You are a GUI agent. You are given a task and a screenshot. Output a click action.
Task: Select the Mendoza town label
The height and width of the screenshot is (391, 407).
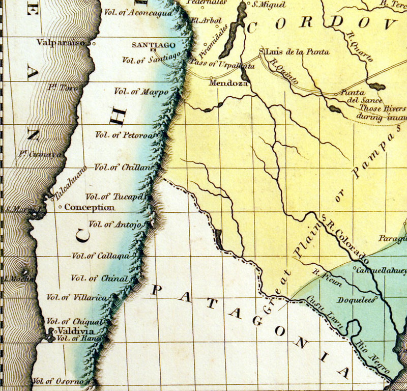pyautogui.click(x=227, y=81)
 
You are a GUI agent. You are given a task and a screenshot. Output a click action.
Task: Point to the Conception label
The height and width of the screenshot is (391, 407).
pyautogui.click(x=90, y=207)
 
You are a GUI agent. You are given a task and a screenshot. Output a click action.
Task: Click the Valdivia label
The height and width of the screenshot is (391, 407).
pyautogui.click(x=70, y=330)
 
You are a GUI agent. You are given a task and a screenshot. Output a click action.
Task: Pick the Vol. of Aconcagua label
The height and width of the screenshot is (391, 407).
pyautogui.click(x=138, y=13)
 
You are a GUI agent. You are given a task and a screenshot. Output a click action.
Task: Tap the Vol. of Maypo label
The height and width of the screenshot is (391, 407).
pyautogui.click(x=141, y=92)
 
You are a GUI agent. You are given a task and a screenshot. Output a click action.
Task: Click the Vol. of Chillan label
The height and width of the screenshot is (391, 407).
pyautogui.click(x=124, y=167)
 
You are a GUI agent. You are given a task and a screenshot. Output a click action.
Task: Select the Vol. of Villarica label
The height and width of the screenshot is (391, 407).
pyautogui.click(x=77, y=297)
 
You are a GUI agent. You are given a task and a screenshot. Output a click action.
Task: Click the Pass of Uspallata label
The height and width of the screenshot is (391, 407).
pyautogui.click(x=221, y=65)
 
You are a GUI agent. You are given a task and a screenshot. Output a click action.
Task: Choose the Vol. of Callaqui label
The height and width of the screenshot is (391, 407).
pyautogui.click(x=101, y=256)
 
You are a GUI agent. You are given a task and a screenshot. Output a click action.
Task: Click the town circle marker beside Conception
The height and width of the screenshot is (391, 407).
pyautogui.click(x=60, y=207)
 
